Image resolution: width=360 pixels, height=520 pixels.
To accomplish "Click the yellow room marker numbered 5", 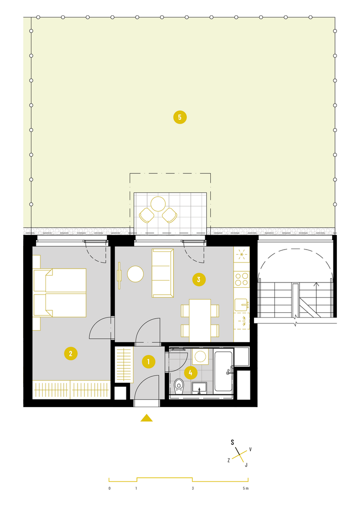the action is point(180,117).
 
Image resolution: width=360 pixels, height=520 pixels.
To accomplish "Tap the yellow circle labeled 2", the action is point(71,354).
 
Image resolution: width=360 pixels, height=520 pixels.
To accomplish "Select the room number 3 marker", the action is point(199,280).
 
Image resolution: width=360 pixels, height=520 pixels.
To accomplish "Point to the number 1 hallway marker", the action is point(149,362).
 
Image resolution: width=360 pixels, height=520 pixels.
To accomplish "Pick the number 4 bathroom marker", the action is point(190,373).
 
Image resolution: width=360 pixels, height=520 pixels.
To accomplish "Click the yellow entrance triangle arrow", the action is point(146,418).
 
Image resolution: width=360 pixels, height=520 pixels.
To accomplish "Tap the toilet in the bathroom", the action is point(179,386).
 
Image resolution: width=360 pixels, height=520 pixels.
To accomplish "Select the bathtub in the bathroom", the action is point(223,371).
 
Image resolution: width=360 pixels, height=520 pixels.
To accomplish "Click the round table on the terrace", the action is point(158,204).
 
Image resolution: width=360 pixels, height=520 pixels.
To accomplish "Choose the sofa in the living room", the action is point(163,273).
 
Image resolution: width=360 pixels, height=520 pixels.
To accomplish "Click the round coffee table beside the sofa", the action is point(135,274).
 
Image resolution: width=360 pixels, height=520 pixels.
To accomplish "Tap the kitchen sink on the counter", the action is point(241,305).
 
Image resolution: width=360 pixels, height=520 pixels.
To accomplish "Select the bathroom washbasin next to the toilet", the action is point(199,388).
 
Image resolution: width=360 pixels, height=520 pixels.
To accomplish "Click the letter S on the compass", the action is point(232,442).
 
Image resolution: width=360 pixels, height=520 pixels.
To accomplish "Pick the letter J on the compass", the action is point(246,465).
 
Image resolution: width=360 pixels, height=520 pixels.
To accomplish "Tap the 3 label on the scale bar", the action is point(193,488).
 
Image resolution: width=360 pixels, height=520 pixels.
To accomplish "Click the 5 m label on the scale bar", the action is point(245,488).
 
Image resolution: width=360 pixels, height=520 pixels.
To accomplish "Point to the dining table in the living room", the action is point(200,320).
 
